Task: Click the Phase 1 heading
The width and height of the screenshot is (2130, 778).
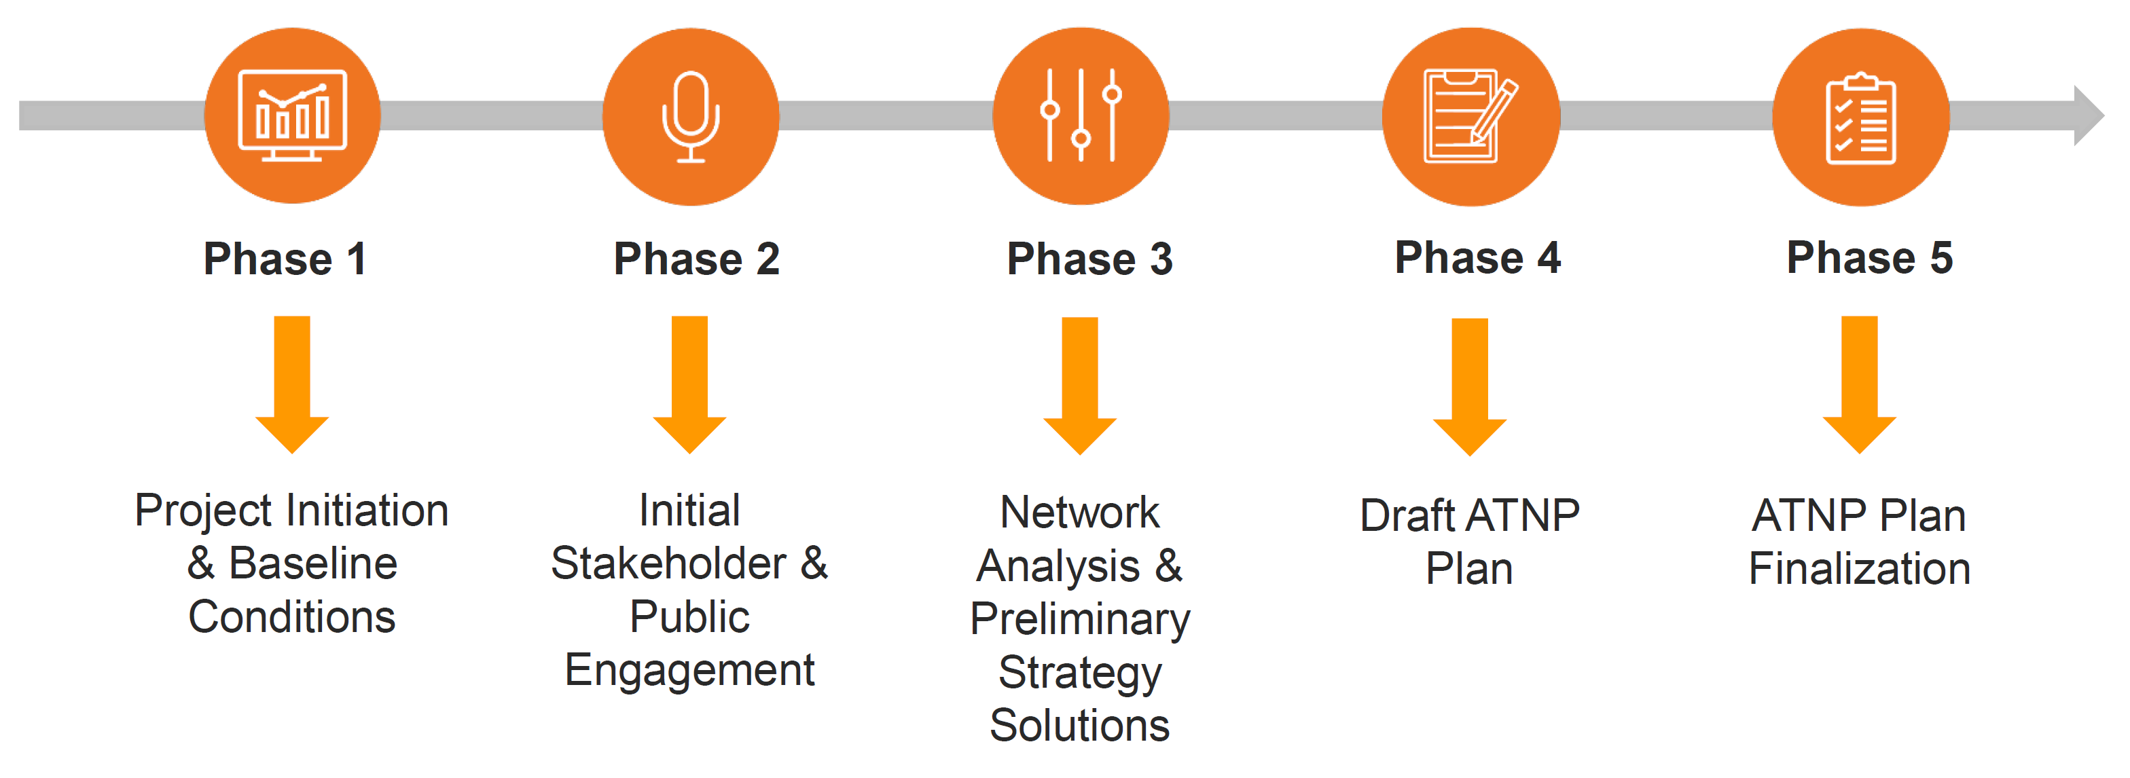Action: click(x=285, y=259)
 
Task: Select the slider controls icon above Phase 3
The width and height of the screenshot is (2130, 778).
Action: click(x=1081, y=115)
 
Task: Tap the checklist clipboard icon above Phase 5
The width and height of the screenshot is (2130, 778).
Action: click(x=1860, y=118)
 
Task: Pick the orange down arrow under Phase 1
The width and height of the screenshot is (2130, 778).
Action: click(x=292, y=384)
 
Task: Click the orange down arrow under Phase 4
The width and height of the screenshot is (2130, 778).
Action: click(x=1469, y=386)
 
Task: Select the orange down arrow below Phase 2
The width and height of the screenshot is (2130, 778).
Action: click(x=689, y=384)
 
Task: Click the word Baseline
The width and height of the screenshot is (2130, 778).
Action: click(x=312, y=564)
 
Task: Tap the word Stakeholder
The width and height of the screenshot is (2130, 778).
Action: click(x=668, y=564)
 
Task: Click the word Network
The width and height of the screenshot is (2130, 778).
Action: click(x=1079, y=513)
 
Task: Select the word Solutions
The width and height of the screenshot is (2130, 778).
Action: click(x=1079, y=726)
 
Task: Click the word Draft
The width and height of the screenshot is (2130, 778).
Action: click(x=1407, y=516)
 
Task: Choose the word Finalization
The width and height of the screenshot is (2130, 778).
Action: click(x=1860, y=569)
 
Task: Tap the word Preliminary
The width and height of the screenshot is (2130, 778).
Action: click(x=1080, y=619)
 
